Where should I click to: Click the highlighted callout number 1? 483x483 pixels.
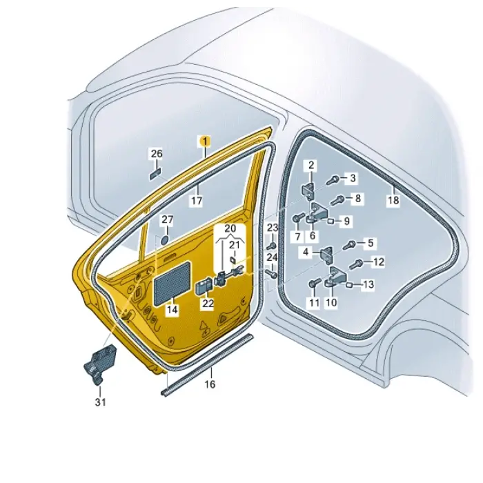(205, 141)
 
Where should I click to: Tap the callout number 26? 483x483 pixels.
(157, 153)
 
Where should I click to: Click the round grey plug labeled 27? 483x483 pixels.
(165, 240)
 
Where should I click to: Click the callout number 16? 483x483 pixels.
(210, 384)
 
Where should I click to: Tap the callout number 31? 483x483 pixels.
(101, 402)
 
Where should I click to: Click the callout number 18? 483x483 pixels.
(393, 200)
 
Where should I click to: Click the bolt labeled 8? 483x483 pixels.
(337, 200)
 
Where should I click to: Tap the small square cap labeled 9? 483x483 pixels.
(331, 221)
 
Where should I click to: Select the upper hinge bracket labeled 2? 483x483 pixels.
(308, 190)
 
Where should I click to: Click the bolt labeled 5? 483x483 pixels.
(350, 246)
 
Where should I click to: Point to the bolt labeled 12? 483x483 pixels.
(355, 264)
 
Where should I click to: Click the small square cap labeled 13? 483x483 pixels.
(350, 284)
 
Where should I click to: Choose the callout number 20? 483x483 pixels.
(230, 228)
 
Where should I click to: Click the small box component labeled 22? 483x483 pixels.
(204, 286)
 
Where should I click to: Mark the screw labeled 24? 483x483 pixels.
(272, 274)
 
